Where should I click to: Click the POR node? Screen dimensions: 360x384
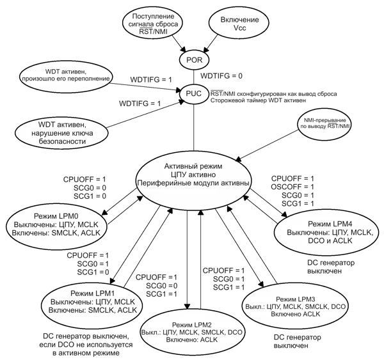(x=193, y=60)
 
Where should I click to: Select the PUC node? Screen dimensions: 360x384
(x=194, y=93)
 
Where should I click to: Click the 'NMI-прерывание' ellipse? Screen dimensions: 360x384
(x=326, y=125)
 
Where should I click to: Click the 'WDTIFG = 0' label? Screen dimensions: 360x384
(x=222, y=76)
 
